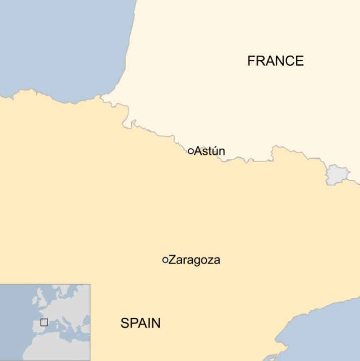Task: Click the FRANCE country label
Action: click(x=275, y=61)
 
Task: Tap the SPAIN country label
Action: click(x=141, y=323)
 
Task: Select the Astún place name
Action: click(x=209, y=151)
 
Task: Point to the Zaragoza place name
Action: click(x=194, y=260)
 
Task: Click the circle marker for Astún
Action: click(x=191, y=151)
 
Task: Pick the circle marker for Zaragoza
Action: click(x=165, y=260)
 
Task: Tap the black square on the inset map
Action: click(x=44, y=322)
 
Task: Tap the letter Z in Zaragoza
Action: click(x=172, y=260)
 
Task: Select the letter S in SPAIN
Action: click(x=125, y=323)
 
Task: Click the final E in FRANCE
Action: click(x=300, y=61)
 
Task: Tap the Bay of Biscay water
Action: click(x=60, y=45)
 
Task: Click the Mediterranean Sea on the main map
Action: click(x=331, y=331)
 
